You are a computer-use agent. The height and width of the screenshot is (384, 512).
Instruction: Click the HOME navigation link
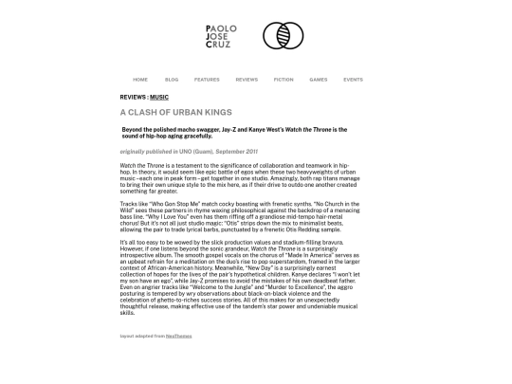[x=140, y=80]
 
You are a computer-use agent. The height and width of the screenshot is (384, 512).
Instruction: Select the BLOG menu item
[x=172, y=80]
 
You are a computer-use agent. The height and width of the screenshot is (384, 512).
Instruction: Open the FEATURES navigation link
[x=207, y=80]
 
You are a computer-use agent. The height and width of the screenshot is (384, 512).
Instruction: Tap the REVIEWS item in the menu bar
[x=247, y=80]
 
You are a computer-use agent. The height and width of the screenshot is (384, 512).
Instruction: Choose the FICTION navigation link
[x=283, y=80]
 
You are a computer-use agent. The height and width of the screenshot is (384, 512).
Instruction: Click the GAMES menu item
[x=319, y=80]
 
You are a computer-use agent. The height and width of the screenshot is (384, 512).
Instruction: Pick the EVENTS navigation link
[x=353, y=80]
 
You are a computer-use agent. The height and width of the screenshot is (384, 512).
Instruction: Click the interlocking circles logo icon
[x=283, y=37]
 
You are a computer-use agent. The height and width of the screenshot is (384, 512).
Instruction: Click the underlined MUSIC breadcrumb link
[x=159, y=98]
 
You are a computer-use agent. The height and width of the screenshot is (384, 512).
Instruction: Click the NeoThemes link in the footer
[x=177, y=336]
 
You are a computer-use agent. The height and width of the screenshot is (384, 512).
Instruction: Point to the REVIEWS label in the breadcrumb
[x=133, y=98]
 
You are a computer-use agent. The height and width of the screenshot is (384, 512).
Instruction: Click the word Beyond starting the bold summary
[x=135, y=129]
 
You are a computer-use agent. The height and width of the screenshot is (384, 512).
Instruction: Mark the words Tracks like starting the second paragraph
[x=132, y=203]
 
